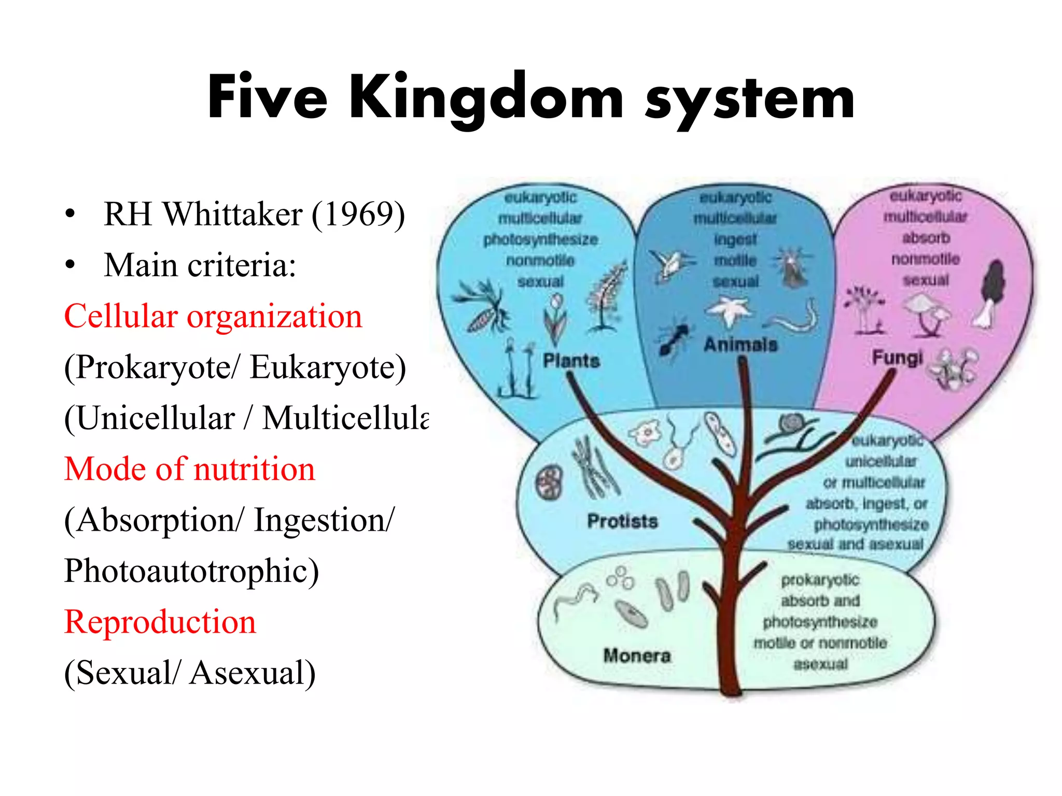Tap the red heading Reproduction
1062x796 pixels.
coord(160,622)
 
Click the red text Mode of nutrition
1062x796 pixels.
coord(189,469)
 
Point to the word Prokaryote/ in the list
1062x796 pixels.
coord(153,367)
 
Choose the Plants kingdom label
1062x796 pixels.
coord(571,361)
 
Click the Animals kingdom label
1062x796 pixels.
coord(740,345)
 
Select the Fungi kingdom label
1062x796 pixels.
coord(897,357)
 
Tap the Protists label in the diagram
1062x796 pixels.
coord(622,521)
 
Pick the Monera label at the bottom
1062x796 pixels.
coord(637,656)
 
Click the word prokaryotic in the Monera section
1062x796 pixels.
coord(820,580)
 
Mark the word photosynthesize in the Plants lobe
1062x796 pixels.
coord(540,239)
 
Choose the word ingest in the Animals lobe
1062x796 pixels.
coord(735,239)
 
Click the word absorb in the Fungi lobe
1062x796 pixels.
coord(926,238)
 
